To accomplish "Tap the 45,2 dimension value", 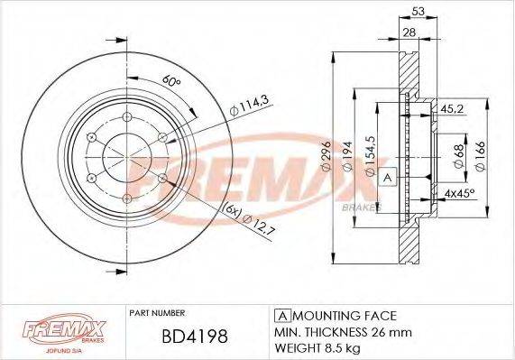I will [x=452, y=109].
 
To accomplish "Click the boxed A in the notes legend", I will [x=280, y=315].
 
